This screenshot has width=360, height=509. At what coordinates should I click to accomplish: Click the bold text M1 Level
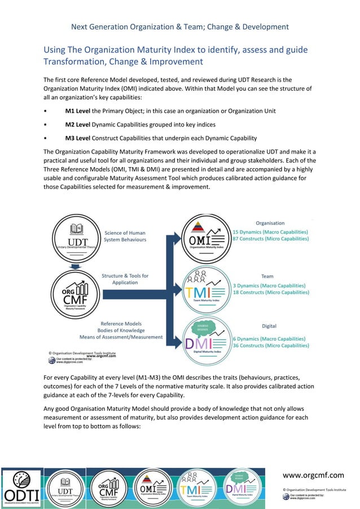coord(78,111)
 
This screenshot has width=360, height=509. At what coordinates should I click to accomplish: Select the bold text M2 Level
coord(78,125)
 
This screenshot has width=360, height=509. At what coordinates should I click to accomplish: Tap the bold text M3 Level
coord(78,138)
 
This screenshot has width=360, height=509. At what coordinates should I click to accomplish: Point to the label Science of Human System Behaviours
coord(125,236)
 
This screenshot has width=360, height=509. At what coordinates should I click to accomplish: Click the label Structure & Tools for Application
coord(125,279)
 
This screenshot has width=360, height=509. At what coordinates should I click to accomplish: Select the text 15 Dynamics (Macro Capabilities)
coord(270,232)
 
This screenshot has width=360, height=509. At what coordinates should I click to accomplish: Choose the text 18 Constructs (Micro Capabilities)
coord(270,292)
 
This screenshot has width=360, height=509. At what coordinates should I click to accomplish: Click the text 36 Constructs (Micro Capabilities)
coord(270,345)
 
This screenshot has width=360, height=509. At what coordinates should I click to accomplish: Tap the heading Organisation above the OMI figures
coord(270,223)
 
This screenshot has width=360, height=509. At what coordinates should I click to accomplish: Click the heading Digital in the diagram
coord(269,326)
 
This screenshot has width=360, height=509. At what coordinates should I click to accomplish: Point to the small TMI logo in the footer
coord(195,486)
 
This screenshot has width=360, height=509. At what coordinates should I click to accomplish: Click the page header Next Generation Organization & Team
coord(180,27)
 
